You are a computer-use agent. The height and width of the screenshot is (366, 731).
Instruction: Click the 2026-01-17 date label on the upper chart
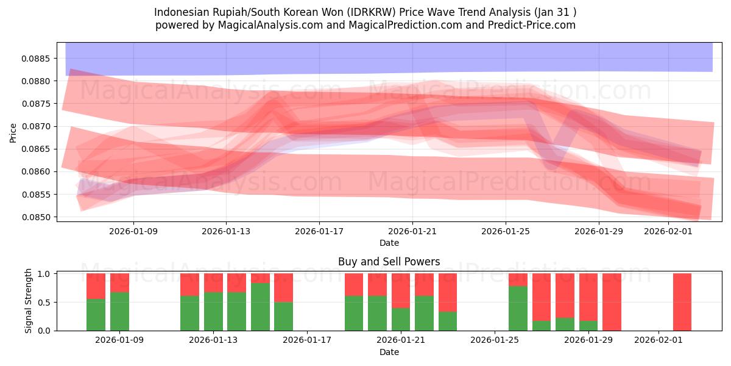(x=319, y=232)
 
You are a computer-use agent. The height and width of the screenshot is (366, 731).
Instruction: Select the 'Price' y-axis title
(x=13, y=132)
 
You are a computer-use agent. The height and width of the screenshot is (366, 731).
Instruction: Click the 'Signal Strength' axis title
(x=28, y=301)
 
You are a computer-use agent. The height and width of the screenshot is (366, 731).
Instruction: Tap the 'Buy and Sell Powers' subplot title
(x=389, y=262)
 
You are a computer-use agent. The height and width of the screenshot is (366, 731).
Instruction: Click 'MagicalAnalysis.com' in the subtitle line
(x=270, y=25)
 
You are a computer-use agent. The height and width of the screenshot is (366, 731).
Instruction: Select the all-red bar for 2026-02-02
(x=682, y=302)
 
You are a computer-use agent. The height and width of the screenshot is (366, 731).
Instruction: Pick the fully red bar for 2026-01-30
(x=612, y=302)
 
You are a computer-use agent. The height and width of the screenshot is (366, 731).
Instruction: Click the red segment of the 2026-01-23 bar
(x=448, y=292)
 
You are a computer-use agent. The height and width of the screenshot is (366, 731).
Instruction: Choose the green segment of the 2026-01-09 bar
(x=119, y=311)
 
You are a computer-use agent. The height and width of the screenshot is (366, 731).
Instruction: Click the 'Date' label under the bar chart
(x=389, y=352)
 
